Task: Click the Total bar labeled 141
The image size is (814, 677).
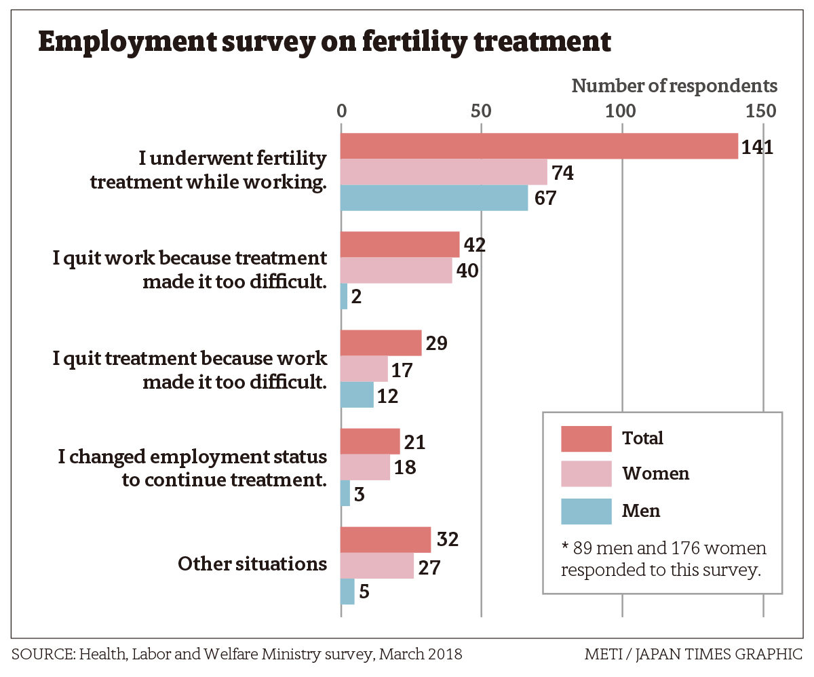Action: coord(539,147)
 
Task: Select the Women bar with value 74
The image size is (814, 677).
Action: coord(444,172)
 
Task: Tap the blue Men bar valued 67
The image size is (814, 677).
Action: coord(434,198)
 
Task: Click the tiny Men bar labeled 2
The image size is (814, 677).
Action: coord(344,296)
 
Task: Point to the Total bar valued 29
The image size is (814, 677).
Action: coord(381,343)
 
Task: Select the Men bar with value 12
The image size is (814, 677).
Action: coord(357,395)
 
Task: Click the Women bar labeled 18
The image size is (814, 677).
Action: coord(365,467)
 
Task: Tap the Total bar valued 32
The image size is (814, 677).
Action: coord(385,540)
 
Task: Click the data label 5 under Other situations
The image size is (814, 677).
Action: coord(364,592)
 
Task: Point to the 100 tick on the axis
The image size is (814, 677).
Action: coord(621,111)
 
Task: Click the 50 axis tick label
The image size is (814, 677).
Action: coord(481,111)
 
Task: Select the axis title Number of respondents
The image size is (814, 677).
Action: coord(674,86)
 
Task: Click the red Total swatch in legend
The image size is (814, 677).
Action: coord(587,438)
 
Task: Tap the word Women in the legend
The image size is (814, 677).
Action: coord(655,473)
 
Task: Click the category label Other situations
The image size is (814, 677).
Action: coord(252,564)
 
